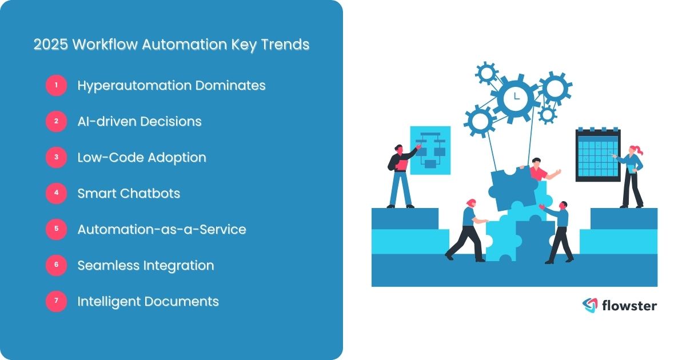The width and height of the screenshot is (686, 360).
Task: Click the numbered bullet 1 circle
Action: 56,86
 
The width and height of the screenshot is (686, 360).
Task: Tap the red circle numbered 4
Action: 56,194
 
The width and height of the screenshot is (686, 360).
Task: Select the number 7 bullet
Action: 56,302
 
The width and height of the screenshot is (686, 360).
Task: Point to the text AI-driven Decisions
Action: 139,122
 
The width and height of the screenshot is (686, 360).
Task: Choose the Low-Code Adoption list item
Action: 142,158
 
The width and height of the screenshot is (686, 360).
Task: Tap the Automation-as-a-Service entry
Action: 162,230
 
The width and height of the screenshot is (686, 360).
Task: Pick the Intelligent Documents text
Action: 148,302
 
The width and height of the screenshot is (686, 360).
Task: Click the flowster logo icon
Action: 589,306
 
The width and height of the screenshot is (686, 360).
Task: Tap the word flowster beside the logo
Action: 629,306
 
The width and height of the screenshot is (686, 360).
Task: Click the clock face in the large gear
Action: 516,98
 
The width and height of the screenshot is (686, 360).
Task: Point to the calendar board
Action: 597,155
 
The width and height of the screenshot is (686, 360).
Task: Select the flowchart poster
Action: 430,150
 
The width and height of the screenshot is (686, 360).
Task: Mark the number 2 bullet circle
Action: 56,122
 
